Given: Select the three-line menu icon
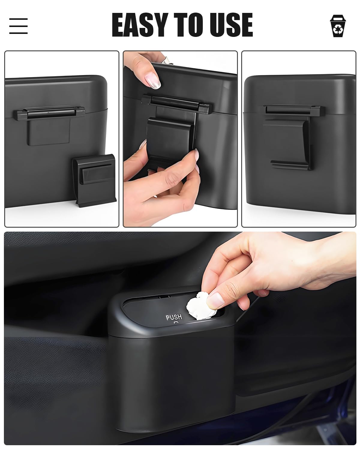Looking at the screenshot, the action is point(18,26).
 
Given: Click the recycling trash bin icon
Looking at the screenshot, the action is point(338,26).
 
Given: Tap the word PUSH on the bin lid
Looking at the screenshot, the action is point(174,317).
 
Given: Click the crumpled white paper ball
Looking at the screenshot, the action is point(201,306).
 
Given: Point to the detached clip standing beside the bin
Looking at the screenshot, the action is point(94,180).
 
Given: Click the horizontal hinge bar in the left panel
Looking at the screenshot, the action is point(49,113).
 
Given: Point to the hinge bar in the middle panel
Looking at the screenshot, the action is point(177,104).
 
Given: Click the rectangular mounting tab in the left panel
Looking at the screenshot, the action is point(49,132).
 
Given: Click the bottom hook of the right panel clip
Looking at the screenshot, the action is point(290,164).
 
